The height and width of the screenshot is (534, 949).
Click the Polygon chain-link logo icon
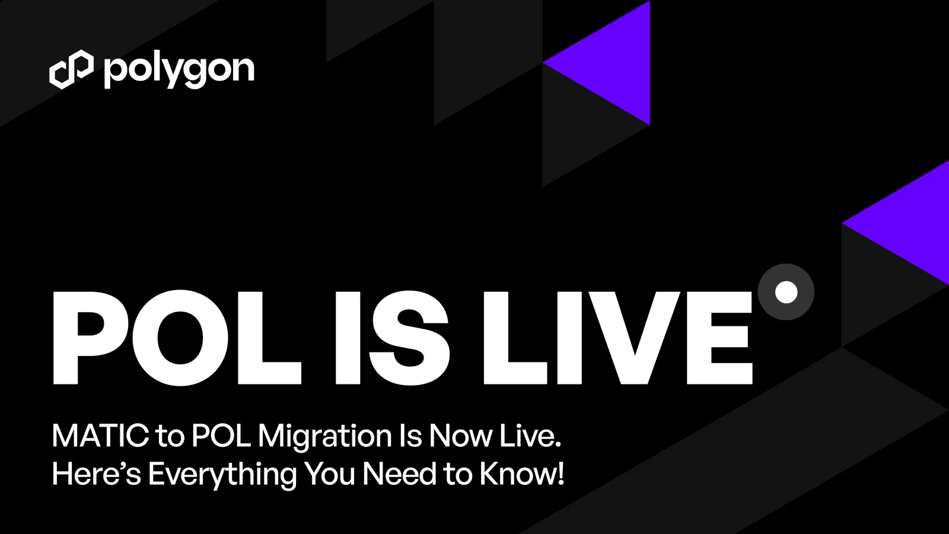71,69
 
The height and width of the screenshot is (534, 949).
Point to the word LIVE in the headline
617,338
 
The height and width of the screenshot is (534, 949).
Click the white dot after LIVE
786,292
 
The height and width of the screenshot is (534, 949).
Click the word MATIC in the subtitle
100,436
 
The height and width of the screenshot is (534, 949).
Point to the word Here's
96,474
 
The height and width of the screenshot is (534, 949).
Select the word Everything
222,475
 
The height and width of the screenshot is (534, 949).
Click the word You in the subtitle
330,474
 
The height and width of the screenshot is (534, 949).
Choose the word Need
399,474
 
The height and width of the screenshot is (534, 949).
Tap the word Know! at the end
522,474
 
